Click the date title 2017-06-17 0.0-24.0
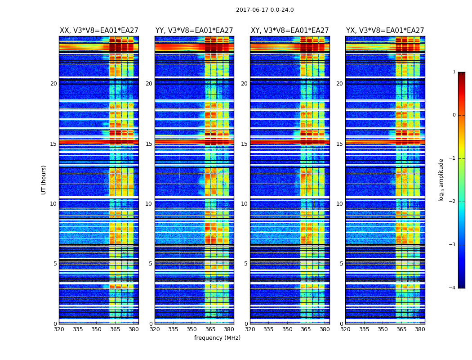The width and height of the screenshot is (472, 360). point(265,10)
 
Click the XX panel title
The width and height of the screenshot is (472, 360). point(99,31)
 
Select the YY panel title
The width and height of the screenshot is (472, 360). point(194,31)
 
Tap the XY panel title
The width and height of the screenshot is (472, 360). point(289,31)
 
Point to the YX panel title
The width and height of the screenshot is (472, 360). point(385,31)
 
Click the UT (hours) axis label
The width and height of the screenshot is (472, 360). point(44,180)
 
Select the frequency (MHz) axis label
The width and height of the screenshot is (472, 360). point(217,338)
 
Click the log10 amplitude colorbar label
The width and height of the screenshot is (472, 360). point(441,180)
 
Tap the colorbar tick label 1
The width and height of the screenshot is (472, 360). point(454,72)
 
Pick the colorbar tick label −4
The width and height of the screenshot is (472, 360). point(453,288)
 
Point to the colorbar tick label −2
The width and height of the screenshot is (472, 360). point(453,202)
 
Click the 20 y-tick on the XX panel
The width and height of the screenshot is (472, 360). point(53,84)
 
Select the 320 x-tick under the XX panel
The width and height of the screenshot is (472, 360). point(59,329)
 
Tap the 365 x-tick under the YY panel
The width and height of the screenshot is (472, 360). point(210,329)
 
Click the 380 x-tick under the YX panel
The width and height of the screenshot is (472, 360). point(420,329)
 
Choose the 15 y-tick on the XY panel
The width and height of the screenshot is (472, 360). point(244,144)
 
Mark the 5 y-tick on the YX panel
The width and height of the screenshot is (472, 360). point(341,264)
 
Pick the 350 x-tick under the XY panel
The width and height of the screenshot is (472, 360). point(287,329)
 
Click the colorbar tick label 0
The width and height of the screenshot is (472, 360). point(454,115)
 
